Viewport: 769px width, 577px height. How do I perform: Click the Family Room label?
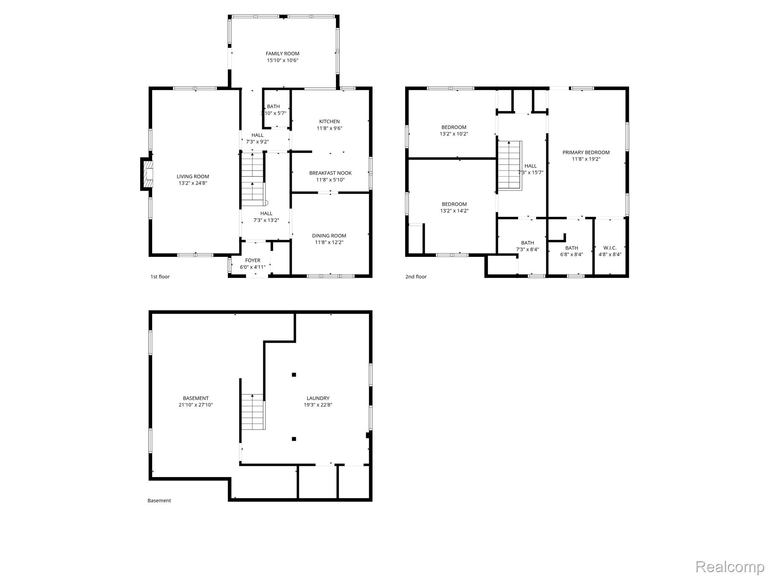pos(282,54)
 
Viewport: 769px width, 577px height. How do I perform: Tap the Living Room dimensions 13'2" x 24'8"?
pos(193,183)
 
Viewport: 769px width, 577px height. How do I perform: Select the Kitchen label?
pos(329,122)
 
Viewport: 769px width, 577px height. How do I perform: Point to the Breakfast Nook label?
pos(330,173)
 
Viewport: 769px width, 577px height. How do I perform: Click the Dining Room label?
pos(329,236)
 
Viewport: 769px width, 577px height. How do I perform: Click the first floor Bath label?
pos(273,107)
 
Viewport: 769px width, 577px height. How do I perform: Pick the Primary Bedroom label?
pos(586,153)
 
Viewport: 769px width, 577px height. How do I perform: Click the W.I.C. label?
pos(610,248)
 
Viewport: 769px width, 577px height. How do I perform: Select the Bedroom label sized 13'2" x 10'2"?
pos(454,127)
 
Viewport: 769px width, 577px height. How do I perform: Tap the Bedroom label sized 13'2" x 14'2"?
pos(454,204)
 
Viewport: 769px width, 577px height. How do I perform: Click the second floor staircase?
pos(510,165)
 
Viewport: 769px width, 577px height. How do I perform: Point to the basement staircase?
pos(253,411)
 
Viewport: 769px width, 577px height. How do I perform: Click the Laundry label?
pos(318,399)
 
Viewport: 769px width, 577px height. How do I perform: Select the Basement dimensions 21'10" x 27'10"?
pos(196,405)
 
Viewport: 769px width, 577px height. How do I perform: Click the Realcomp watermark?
pos(730,566)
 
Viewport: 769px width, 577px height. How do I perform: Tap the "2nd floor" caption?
pos(416,277)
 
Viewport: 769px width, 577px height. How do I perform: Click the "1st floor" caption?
pos(160,277)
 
